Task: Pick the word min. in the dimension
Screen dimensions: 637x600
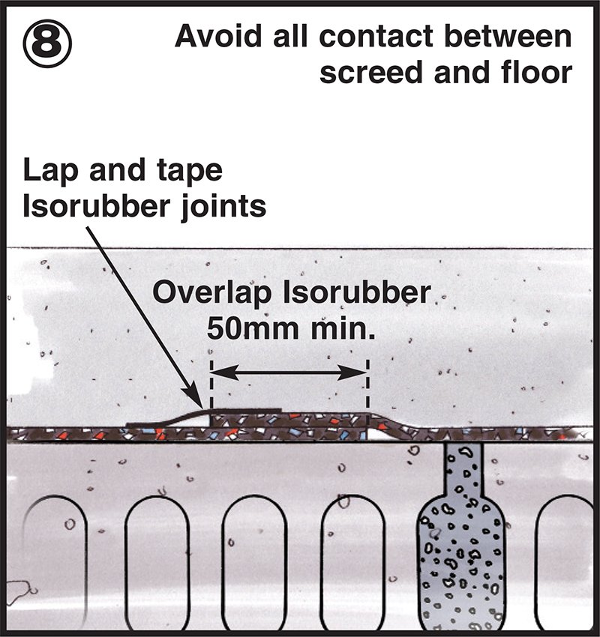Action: [339, 327]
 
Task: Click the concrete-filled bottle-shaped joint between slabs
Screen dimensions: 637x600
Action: [459, 547]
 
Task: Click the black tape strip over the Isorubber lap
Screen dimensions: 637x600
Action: [240, 411]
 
